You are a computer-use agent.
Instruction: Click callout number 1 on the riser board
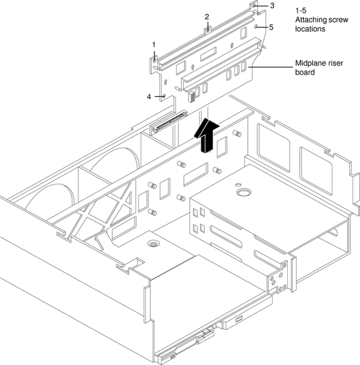pyautogui.click(x=154, y=44)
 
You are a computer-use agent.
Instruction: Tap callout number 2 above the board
pyautogui.click(x=207, y=16)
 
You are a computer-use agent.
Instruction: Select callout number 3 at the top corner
pyautogui.click(x=272, y=6)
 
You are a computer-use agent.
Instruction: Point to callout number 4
pyautogui.click(x=149, y=97)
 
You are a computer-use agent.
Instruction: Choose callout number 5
pyautogui.click(x=272, y=27)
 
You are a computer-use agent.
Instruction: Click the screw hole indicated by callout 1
pyautogui.click(x=154, y=60)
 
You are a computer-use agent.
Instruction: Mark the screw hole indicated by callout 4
pyautogui.click(x=164, y=96)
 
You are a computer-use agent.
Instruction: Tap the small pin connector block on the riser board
pyautogui.click(x=191, y=97)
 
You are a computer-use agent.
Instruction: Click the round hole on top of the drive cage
pyautogui.click(x=242, y=192)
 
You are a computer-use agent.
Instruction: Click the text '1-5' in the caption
pyautogui.click(x=302, y=11)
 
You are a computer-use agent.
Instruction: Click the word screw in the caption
pyautogui.click(x=339, y=20)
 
